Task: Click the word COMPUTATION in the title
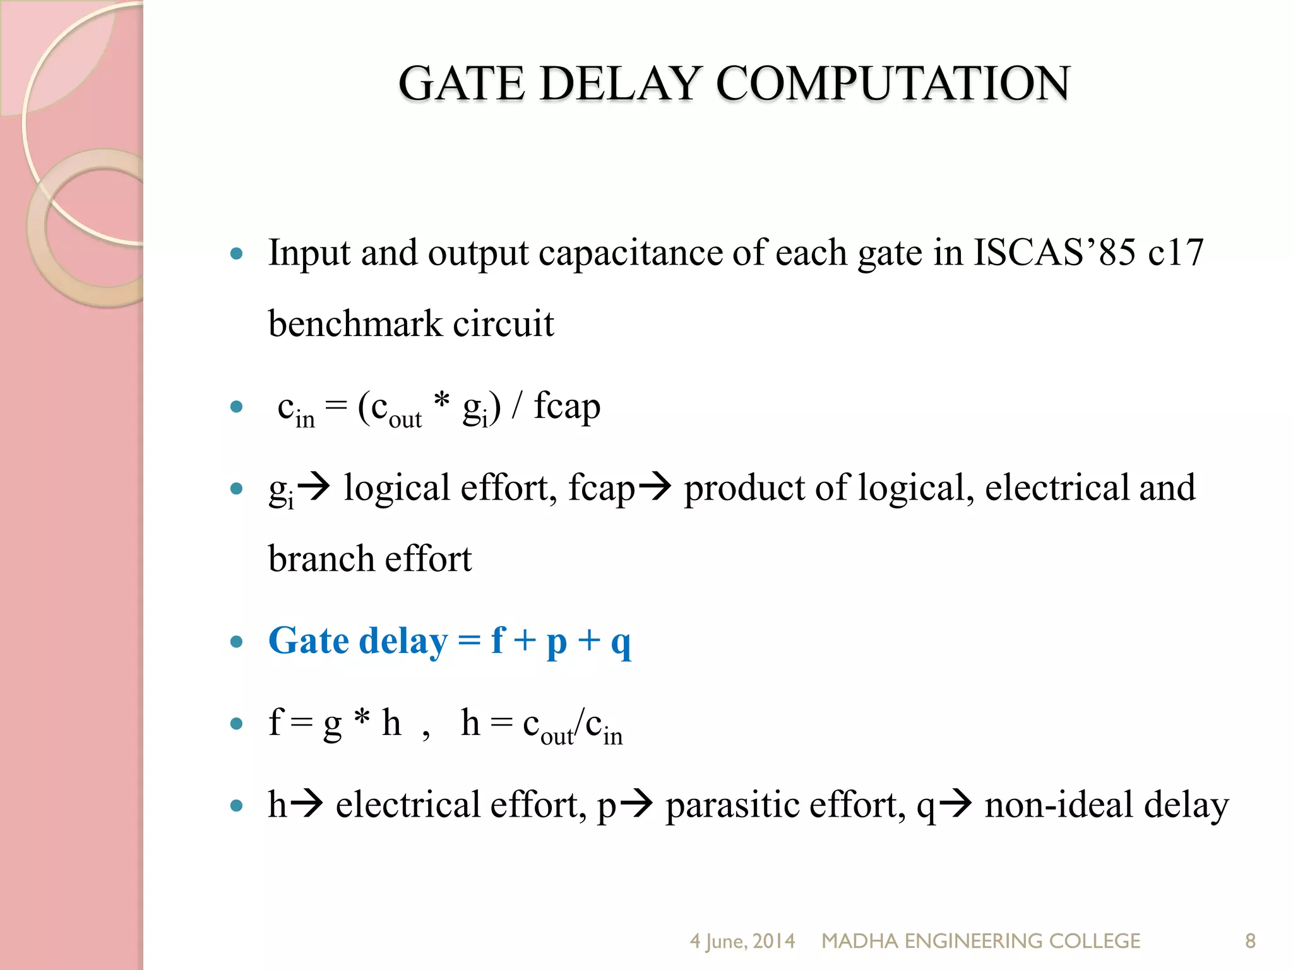click(x=893, y=83)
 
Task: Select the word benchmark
click(x=354, y=323)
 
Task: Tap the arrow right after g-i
click(x=314, y=487)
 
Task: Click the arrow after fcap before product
click(x=655, y=487)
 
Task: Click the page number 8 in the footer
click(x=1250, y=941)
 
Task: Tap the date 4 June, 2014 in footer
click(x=742, y=941)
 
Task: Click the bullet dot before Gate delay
click(x=237, y=642)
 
